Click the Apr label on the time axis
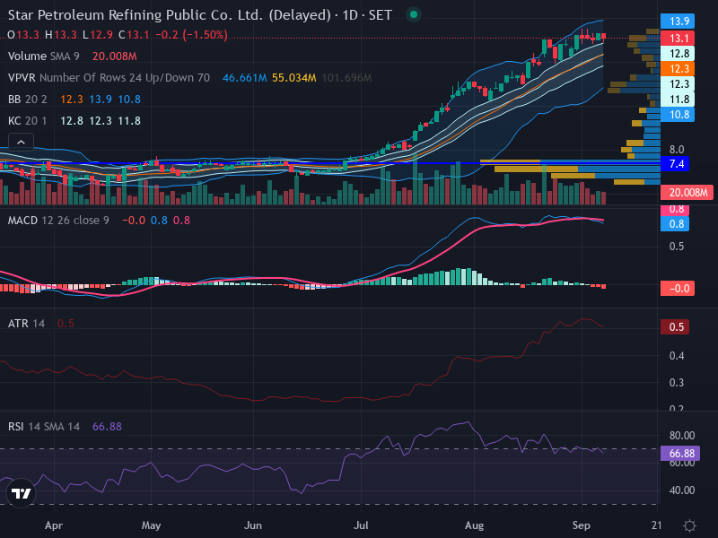[54, 525]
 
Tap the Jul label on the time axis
[361, 525]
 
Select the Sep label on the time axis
[581, 525]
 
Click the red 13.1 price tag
[678, 38]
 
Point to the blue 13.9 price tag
[678, 21]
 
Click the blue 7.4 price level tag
[675, 164]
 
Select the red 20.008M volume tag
[687, 193]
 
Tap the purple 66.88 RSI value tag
[680, 454]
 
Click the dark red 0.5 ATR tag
[675, 327]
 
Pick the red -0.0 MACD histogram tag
[678, 289]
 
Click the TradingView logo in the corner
[21, 493]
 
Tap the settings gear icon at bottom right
[689, 525]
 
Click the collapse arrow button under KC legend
[21, 143]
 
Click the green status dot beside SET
[414, 14]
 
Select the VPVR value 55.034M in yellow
[294, 78]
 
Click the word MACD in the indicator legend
[22, 221]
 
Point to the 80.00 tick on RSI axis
[682, 436]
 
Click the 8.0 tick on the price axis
[677, 150]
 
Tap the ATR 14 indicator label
[27, 324]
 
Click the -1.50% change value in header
[206, 35]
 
